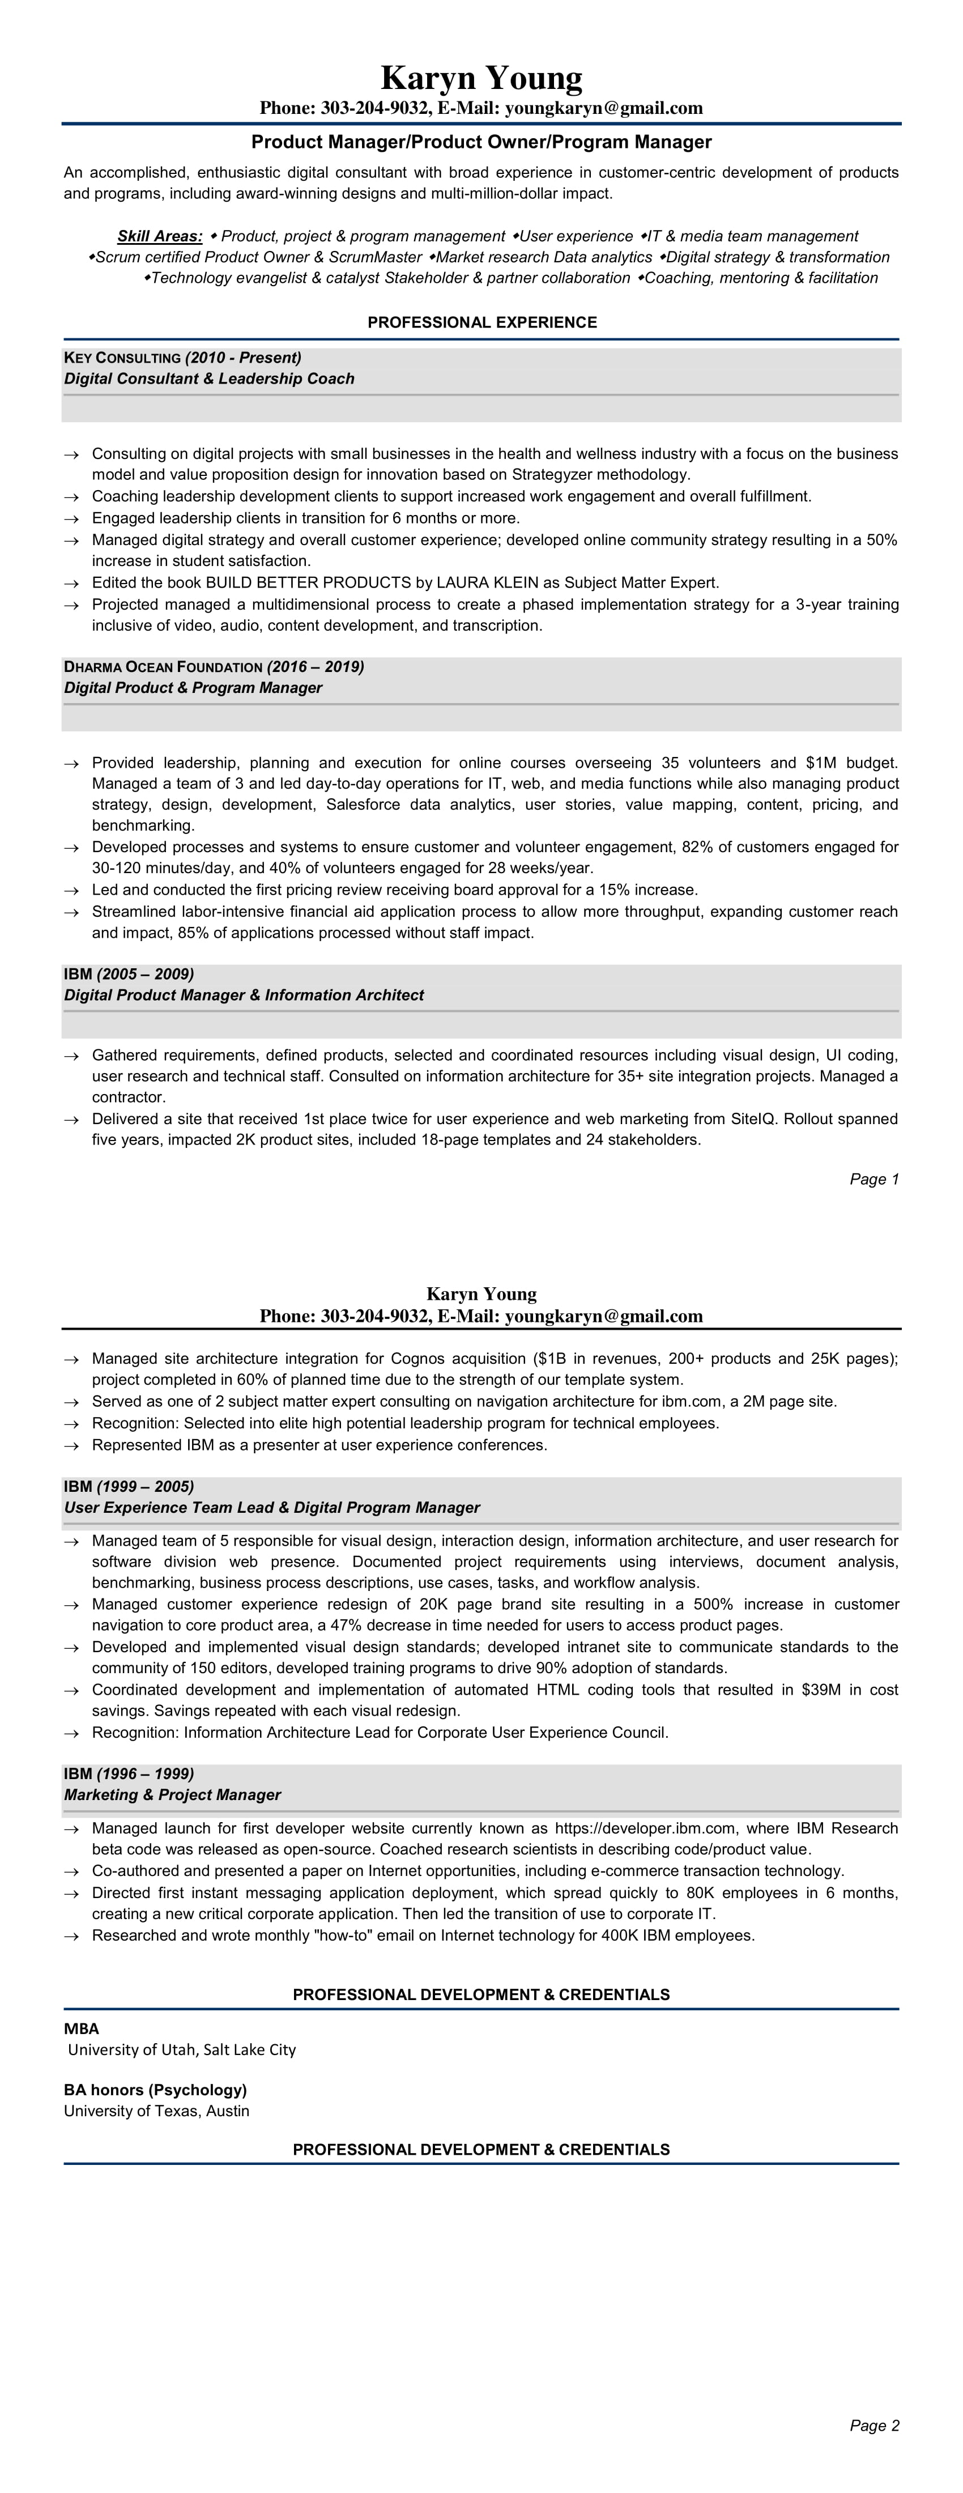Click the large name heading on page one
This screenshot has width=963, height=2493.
click(x=481, y=78)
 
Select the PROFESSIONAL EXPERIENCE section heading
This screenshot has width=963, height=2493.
click(x=481, y=322)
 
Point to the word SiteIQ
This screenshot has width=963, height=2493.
click(x=754, y=1119)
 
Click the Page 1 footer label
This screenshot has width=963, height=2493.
click(x=874, y=1179)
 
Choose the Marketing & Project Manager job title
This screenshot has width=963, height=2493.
click(x=172, y=1795)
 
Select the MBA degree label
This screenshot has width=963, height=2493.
click(x=82, y=2028)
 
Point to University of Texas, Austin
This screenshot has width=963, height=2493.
click(x=157, y=2111)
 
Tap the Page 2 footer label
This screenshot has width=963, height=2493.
click(x=874, y=2425)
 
